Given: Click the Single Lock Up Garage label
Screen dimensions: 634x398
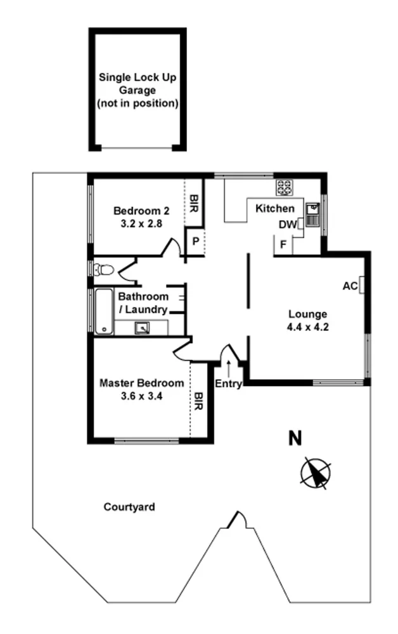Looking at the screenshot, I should point(138,90).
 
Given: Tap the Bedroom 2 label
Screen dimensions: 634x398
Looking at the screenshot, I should point(139,211).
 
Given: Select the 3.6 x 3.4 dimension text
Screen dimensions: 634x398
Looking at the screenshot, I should point(143,396).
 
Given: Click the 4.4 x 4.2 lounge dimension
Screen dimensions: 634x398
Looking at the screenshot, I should point(307,327).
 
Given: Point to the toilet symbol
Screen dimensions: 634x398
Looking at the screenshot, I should point(103,270).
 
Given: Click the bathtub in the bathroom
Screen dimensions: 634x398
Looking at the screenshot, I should point(103,312).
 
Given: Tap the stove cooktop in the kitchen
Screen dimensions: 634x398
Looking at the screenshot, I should point(285,187).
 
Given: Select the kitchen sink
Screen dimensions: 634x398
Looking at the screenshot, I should point(312,214).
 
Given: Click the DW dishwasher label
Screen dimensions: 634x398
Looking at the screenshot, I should point(286,225).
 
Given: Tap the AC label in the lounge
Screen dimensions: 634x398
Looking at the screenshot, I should point(349,286).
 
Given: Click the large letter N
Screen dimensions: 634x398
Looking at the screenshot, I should point(295,438).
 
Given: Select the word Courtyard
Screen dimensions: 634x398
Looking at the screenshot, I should point(129,507).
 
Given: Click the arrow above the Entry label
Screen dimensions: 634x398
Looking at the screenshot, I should point(228,366).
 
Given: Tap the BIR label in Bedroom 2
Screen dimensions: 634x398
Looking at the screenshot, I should point(194,203).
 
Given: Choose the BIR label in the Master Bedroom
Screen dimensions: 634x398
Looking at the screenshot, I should point(199,401).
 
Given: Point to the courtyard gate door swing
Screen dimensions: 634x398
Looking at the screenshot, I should point(238,519).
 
